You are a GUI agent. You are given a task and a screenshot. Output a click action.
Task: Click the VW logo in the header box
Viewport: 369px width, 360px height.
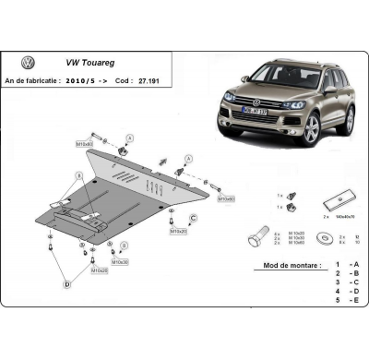point(29,63)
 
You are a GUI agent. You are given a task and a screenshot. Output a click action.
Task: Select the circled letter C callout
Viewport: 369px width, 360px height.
point(194,217)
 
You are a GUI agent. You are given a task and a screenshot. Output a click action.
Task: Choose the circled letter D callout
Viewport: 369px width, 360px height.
point(65,285)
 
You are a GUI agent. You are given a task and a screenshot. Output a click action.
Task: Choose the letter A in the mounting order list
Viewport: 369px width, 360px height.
point(354,265)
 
